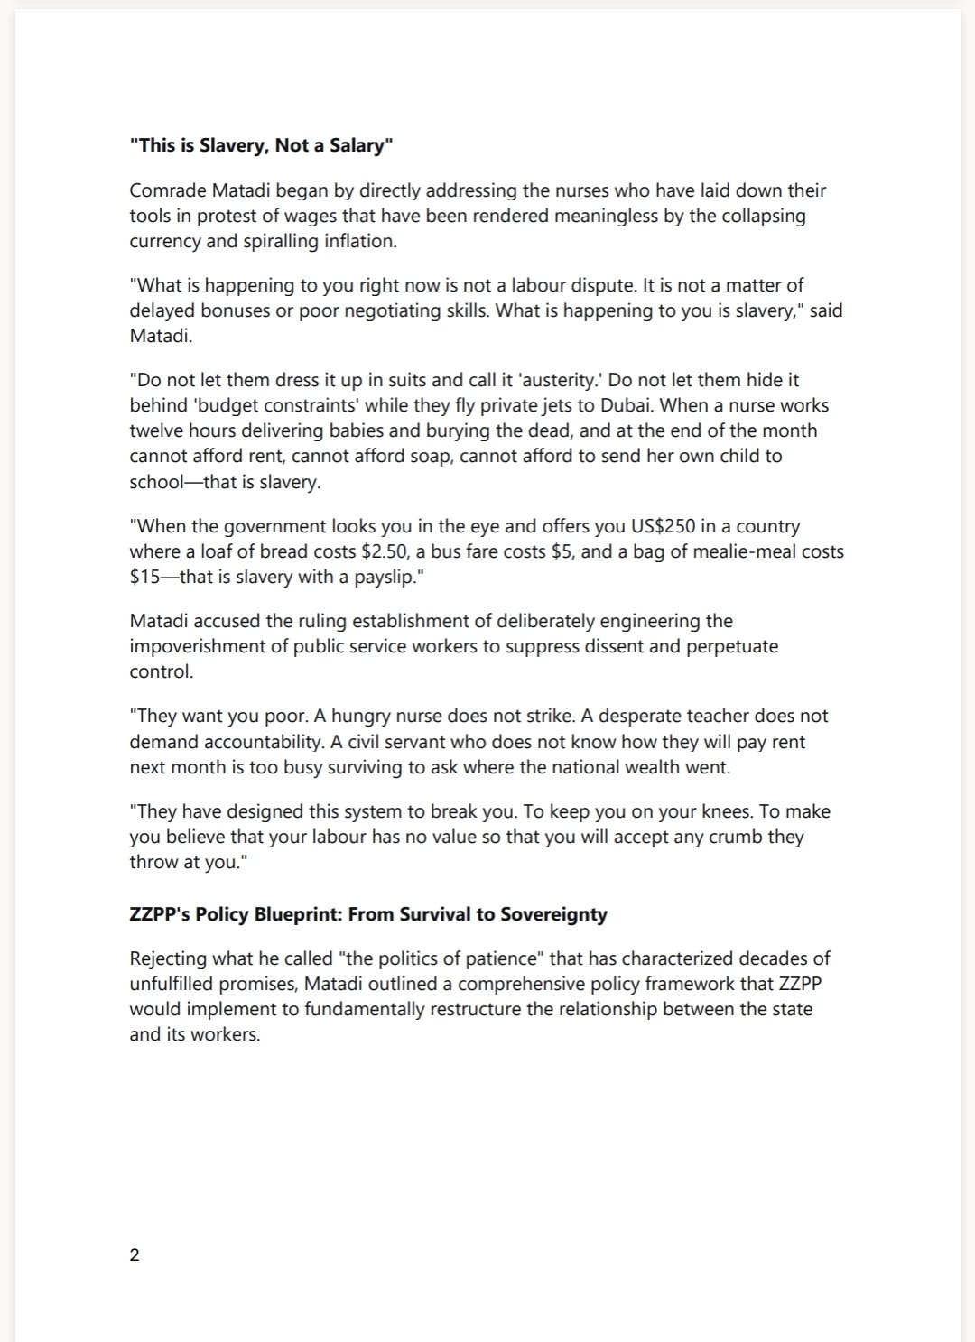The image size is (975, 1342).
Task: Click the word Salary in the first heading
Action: tap(357, 145)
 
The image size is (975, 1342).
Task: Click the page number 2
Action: tap(135, 1254)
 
